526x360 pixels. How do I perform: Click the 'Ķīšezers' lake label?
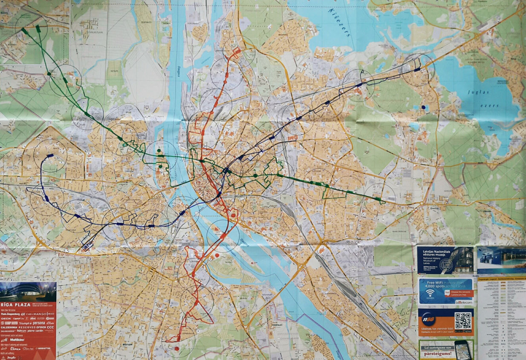341,22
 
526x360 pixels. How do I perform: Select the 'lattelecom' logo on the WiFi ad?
463,302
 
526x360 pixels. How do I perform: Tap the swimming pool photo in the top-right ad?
502,259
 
